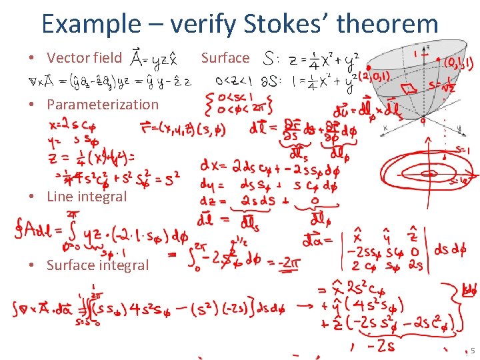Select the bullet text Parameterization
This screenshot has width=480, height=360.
102,104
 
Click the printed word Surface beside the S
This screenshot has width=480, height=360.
225,58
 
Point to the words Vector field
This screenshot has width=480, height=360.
85,58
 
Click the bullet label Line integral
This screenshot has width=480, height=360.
86,197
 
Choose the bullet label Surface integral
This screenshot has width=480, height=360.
97,265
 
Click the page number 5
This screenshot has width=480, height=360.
472,351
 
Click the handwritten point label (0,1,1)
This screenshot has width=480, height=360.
459,65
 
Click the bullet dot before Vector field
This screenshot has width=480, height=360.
32,58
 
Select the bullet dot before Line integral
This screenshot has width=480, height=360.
32,197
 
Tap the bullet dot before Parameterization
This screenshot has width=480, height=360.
32,104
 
